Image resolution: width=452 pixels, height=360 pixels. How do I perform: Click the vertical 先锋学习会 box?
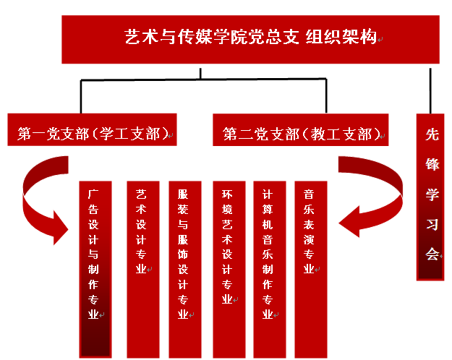point(432,195)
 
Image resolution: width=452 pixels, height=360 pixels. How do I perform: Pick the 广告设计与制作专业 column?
point(95,267)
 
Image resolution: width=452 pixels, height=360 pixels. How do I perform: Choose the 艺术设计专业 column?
point(142,267)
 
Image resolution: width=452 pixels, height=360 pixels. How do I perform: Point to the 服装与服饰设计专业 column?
point(184,267)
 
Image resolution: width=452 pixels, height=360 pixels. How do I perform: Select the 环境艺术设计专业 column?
point(228,267)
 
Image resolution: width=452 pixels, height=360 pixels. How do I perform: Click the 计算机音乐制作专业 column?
point(268,267)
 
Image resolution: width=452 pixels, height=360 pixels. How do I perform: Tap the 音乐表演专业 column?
point(310,267)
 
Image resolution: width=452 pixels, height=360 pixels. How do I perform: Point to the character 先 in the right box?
point(432,134)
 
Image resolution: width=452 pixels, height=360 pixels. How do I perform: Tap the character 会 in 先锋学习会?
point(432,254)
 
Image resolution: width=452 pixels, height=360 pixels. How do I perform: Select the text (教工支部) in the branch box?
point(342,133)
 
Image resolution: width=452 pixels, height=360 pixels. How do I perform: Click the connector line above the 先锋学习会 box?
point(432,90)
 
